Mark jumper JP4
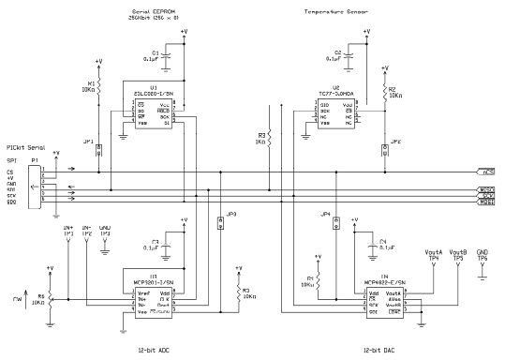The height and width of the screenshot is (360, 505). pos(327,221)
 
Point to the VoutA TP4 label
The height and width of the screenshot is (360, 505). pos(433,256)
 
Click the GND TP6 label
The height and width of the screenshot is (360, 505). pos(483,256)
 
